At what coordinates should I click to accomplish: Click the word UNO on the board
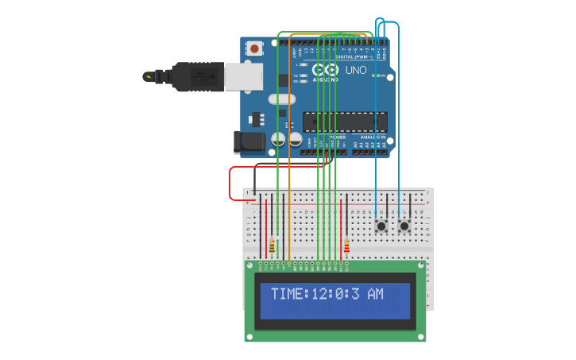coord(356,71)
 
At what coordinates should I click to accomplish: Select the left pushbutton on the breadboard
coord(382,226)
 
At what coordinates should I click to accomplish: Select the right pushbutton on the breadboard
coord(404,226)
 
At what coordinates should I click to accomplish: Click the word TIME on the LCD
coord(287,294)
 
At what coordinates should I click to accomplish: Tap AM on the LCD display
coord(375,294)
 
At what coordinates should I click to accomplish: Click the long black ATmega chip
coord(345,122)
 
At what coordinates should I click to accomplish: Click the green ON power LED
coord(381,76)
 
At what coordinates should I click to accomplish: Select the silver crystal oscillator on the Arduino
coord(280,99)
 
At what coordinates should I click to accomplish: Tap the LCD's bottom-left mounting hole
coord(249,336)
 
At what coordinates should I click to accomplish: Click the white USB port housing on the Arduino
coord(238,76)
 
